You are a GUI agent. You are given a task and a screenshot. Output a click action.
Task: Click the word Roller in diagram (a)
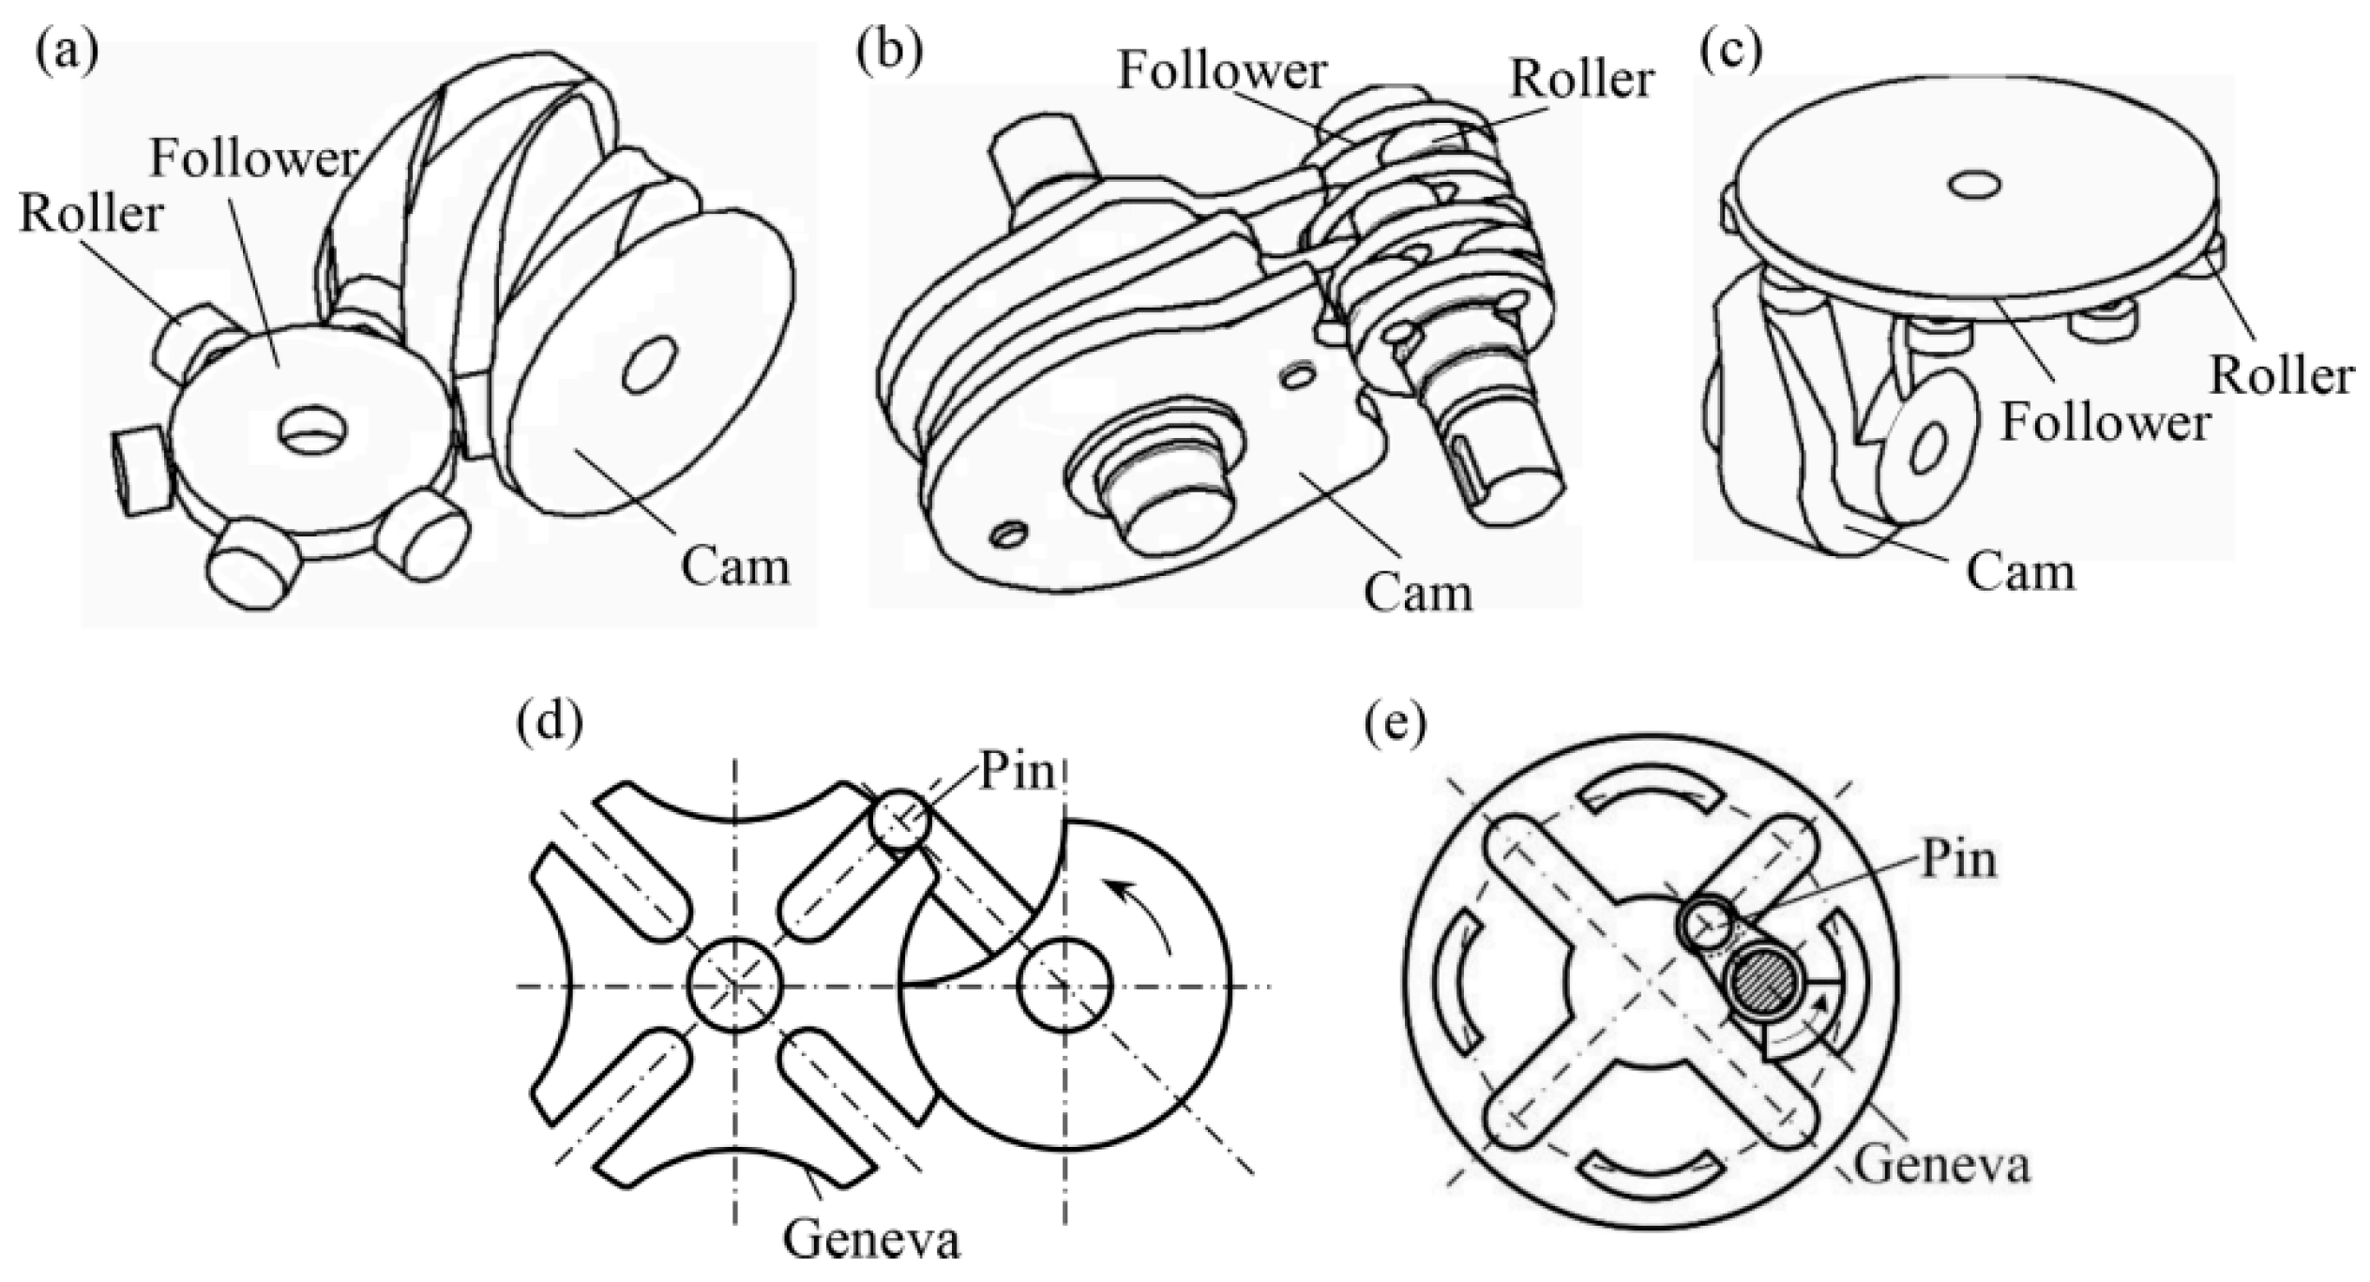pyautogui.click(x=91, y=214)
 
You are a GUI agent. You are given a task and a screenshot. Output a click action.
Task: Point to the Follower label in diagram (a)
pyautogui.click(x=254, y=158)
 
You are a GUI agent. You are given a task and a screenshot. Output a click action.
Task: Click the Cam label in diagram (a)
pyautogui.click(x=734, y=566)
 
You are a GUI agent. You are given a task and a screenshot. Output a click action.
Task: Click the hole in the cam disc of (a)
pyautogui.click(x=649, y=365)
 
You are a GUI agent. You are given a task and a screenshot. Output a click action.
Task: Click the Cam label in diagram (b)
pyautogui.click(x=1417, y=593)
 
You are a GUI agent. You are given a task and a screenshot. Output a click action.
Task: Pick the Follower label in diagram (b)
pyautogui.click(x=1221, y=70)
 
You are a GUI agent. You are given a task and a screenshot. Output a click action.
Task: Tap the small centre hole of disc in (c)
pyautogui.click(x=1974, y=184)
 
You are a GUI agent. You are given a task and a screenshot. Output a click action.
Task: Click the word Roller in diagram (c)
pyautogui.click(x=2281, y=375)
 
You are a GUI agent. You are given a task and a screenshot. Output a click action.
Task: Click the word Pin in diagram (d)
pyautogui.click(x=1017, y=774)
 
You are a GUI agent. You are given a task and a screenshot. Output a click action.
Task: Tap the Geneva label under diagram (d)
pyautogui.click(x=871, y=1240)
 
